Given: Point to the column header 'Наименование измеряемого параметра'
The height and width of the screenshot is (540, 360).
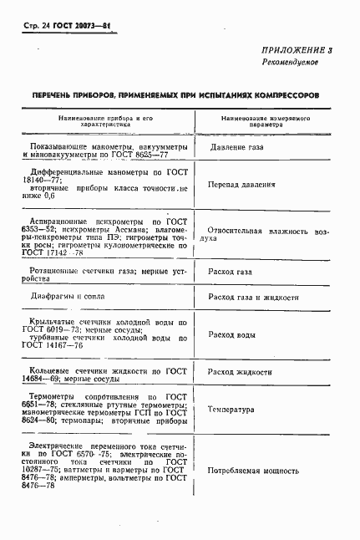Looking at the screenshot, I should [x=259, y=122].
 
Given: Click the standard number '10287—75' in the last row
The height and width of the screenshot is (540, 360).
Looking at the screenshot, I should [x=43, y=471].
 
